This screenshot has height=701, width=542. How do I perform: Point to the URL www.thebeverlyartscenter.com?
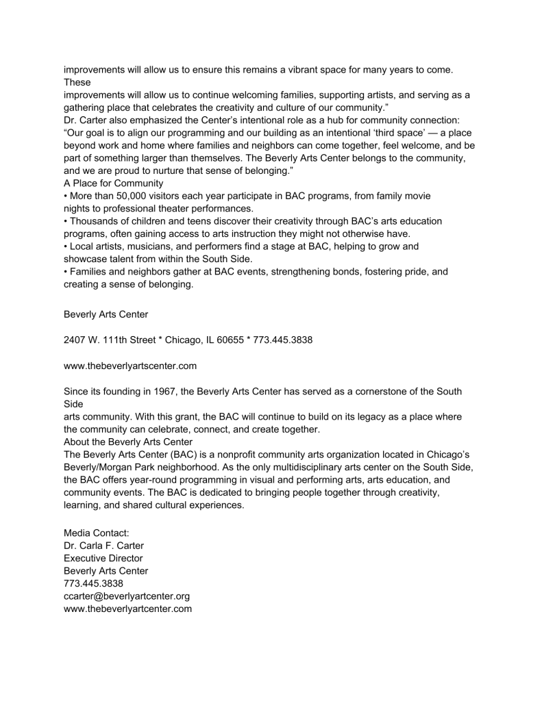130,366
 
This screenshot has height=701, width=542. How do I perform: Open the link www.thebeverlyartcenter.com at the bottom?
127,609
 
